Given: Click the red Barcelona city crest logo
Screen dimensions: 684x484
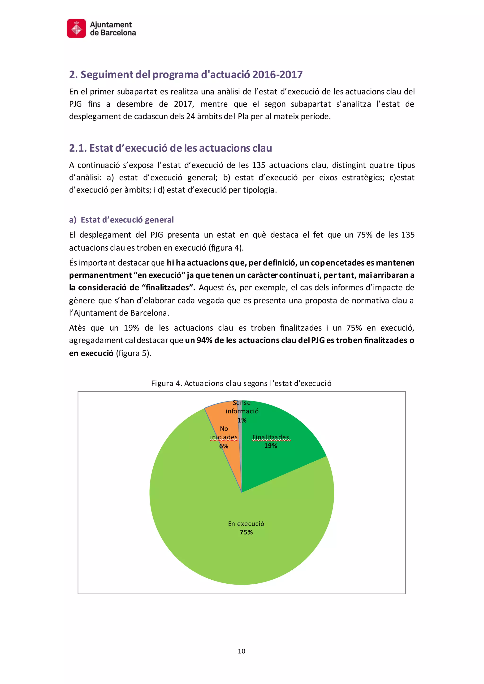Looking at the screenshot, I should click(76, 29).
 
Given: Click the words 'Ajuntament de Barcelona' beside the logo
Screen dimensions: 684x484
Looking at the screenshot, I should click(113, 29).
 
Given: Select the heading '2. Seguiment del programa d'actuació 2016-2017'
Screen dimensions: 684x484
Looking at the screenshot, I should click(186, 74).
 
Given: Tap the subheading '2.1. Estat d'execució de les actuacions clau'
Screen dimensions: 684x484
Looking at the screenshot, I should click(170, 148).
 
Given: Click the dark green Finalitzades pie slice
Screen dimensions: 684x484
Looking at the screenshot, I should click(286, 465).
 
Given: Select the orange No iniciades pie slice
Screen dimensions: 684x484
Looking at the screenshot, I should click(229, 417).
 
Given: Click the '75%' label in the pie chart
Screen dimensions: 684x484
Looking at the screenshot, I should click(246, 532).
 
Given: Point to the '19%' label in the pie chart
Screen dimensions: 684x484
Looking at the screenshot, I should click(270, 446).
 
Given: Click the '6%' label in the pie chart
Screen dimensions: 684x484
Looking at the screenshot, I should click(224, 446).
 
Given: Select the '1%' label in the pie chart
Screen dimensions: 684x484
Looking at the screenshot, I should click(242, 420).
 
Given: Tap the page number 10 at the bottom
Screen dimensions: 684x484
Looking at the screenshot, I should click(241, 651).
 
